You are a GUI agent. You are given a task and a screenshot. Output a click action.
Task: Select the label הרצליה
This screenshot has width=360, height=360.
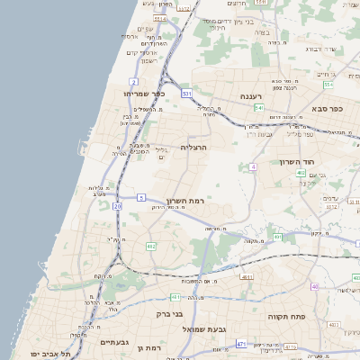pyautogui.click(x=194, y=147)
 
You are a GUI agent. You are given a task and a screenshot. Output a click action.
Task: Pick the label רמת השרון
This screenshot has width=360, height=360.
pyautogui.click(x=187, y=200)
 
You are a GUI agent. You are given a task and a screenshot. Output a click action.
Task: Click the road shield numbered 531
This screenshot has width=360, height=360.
pyautogui.click(x=186, y=93)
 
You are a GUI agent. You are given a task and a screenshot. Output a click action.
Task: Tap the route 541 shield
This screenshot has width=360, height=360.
pyautogui.click(x=258, y=108)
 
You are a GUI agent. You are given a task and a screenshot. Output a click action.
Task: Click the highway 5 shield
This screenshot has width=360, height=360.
pyautogui.click(x=141, y=196)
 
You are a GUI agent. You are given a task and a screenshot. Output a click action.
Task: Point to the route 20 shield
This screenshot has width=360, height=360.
pyautogui.click(x=117, y=206)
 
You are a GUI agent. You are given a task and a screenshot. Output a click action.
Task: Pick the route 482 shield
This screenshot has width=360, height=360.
pyautogui.click(x=151, y=246)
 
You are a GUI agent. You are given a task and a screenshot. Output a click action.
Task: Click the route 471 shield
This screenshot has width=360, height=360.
pyautogui.click(x=240, y=344)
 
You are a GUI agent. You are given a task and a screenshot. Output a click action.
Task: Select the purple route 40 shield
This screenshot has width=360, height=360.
pyautogui.click(x=315, y=287)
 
